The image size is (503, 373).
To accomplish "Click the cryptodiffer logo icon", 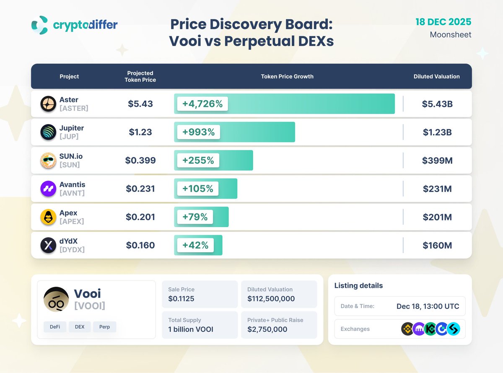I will pos(40,25).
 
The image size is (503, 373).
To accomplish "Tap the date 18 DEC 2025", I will pos(443,22).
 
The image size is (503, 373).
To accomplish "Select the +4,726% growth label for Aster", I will pos(202,104).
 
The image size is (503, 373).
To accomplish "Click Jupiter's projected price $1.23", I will pos(140,132).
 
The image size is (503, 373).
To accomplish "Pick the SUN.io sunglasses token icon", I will pos(48,161).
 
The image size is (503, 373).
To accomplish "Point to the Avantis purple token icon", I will pos(48,189).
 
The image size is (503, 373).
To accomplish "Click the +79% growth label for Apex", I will pos(195,217).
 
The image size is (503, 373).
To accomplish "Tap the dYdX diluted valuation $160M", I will pos(437,245).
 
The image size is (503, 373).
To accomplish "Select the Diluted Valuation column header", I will pos(436,76).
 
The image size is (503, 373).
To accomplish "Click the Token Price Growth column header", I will pos(287,76).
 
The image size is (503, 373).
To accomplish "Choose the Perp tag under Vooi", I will pos(105,327).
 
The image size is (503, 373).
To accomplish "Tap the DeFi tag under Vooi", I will pos(55,327).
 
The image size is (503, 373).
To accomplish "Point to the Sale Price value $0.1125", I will pos(181,299).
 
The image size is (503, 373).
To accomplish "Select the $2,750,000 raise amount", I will pos(267,329).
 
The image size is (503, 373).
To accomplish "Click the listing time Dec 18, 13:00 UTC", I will pos(428,306).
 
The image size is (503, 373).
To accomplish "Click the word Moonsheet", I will pos(451,35).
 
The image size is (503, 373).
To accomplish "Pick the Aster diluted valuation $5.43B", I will pos(437,104).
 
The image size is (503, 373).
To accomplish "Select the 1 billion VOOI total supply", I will pos(191,329).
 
